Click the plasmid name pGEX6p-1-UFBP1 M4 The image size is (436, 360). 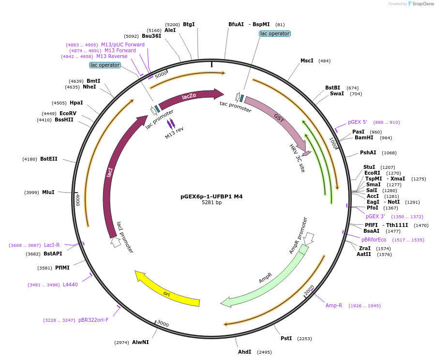point(211,196)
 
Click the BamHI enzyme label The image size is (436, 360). point(364,138)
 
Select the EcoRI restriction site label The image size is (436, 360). point(372,173)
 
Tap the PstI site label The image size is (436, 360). point(286,339)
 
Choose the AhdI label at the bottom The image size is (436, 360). point(244,352)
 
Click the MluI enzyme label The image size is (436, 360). point(48,192)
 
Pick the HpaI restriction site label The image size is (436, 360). point(76,103)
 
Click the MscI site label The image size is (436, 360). point(307,61)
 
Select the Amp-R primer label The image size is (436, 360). point(334,305)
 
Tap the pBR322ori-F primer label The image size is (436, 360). point(93,320)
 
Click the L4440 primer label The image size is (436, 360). point(70,285)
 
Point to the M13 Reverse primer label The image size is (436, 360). point(112,57)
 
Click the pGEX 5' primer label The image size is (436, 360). point(357,122)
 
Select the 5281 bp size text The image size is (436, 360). point(211,203)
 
